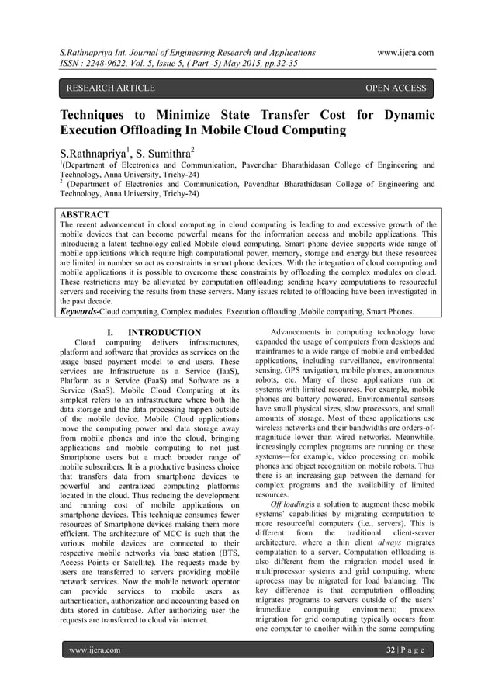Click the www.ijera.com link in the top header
click(403, 53)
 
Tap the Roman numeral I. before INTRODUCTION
click(109, 333)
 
